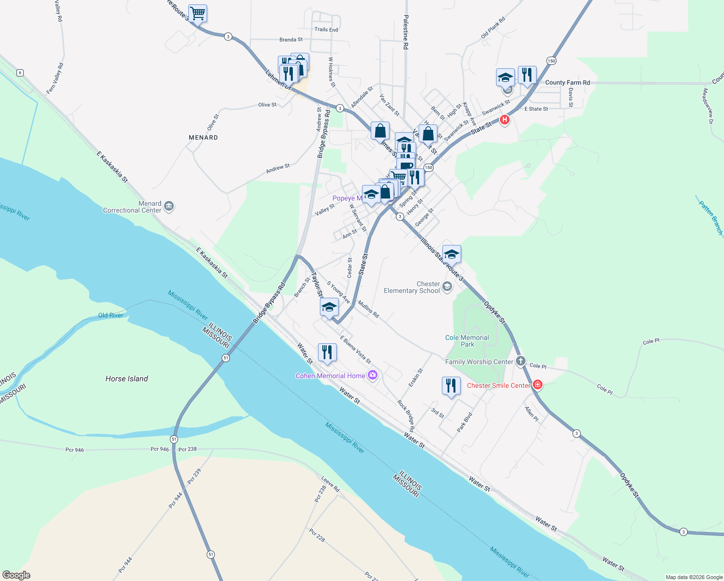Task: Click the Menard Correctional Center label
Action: click(x=132, y=207)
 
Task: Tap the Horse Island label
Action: click(x=126, y=379)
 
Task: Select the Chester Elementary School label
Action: click(x=412, y=288)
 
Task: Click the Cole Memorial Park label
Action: click(x=467, y=341)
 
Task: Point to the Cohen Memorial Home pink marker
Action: click(x=373, y=376)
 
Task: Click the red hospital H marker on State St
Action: click(x=505, y=120)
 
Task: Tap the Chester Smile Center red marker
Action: click(x=537, y=385)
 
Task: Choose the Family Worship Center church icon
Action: click(x=520, y=361)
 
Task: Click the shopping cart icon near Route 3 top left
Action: click(x=197, y=13)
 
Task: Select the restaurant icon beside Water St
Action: click(x=327, y=352)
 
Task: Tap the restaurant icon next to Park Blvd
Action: click(x=451, y=386)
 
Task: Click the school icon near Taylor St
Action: click(x=329, y=307)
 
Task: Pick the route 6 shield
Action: click(x=20, y=73)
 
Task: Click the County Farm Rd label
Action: click(x=567, y=83)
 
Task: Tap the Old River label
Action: click(x=111, y=315)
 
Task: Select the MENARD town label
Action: click(x=203, y=138)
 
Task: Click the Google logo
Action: click(x=16, y=575)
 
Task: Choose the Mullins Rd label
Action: click(x=368, y=309)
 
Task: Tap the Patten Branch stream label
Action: click(x=711, y=218)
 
